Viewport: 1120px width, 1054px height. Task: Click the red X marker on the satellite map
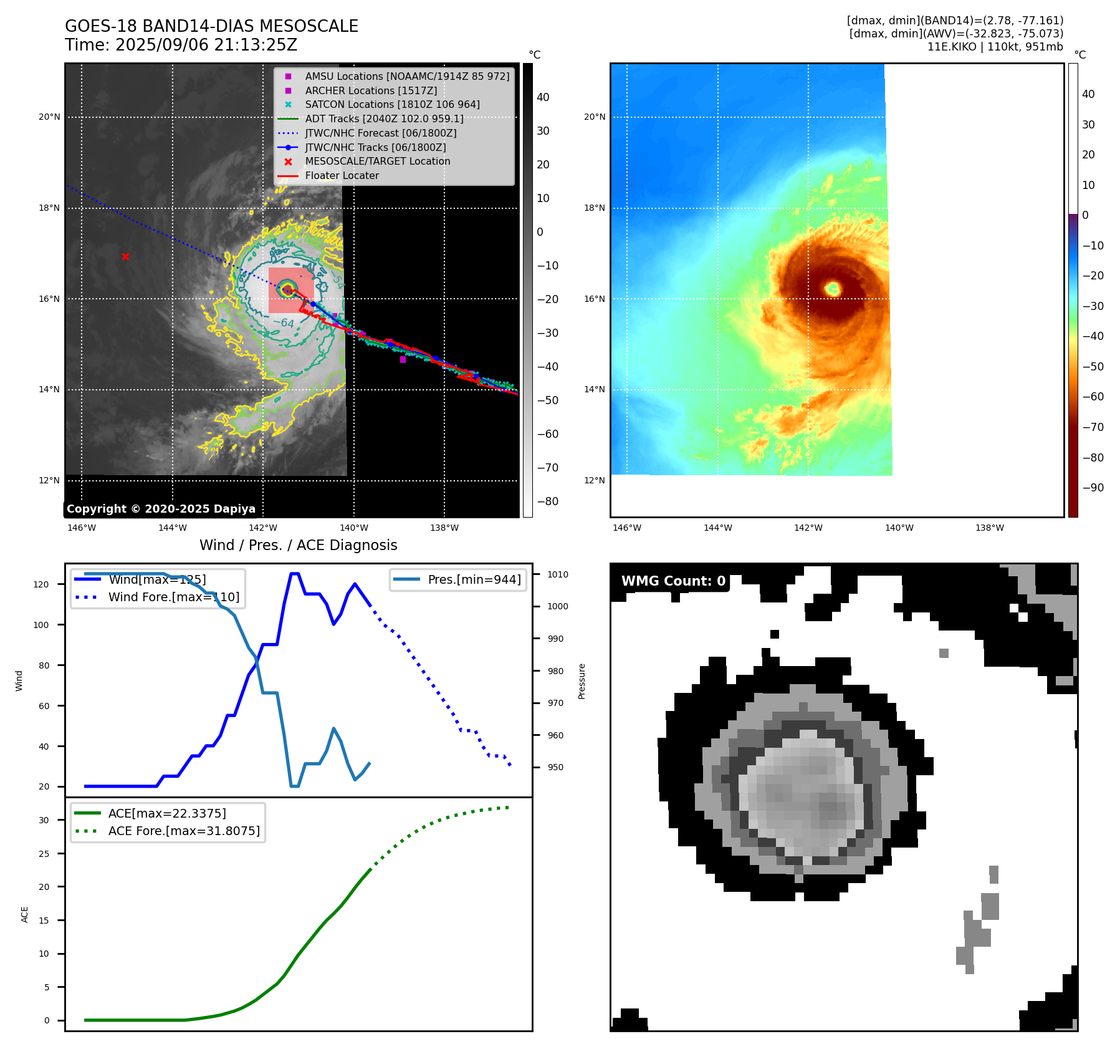(x=125, y=256)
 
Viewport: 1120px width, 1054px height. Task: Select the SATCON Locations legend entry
(x=392, y=105)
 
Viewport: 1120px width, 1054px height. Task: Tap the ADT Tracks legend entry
(x=384, y=118)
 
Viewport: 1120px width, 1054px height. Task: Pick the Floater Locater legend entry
(x=342, y=175)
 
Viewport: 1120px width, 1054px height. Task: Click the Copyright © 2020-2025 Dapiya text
(x=161, y=509)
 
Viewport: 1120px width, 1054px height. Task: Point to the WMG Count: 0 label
(x=673, y=581)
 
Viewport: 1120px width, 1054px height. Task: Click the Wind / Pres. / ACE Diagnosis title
(x=298, y=545)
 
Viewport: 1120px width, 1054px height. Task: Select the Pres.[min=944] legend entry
(x=474, y=579)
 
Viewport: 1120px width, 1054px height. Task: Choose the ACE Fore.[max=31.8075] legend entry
(x=184, y=831)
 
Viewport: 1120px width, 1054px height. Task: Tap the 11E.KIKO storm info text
(x=995, y=47)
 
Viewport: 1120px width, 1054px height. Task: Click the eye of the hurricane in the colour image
(x=833, y=288)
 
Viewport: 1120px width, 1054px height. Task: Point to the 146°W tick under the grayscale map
(x=82, y=528)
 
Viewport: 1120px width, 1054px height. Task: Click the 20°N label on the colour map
(x=595, y=117)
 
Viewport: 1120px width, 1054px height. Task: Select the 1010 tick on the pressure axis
(x=558, y=574)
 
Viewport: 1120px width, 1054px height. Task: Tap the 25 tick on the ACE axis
(x=44, y=854)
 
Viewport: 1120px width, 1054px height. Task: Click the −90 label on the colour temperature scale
(x=1093, y=488)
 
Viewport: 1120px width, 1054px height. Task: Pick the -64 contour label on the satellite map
(x=284, y=322)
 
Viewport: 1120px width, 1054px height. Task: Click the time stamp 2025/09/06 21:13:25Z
(x=206, y=45)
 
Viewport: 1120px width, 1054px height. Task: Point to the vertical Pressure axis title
(x=582, y=681)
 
